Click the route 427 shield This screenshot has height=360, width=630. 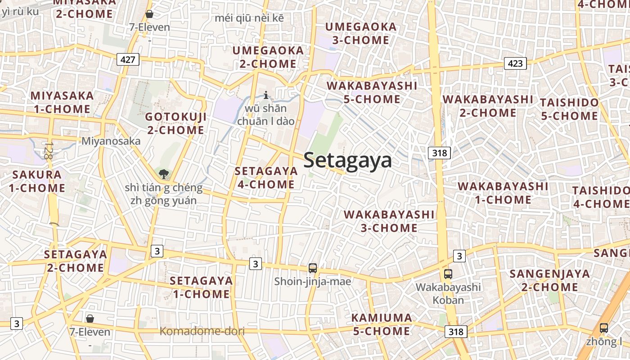pyautogui.click(x=128, y=59)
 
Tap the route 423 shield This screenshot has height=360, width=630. pyautogui.click(x=515, y=63)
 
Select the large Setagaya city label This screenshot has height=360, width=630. pyautogui.click(x=347, y=160)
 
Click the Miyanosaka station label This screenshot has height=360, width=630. pyautogui.click(x=111, y=141)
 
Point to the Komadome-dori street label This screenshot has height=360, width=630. pyautogui.click(x=202, y=332)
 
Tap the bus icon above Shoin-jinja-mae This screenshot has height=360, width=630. pyautogui.click(x=313, y=268)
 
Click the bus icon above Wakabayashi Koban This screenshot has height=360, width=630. pyautogui.click(x=448, y=274)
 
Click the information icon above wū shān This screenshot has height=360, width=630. pyautogui.click(x=266, y=95)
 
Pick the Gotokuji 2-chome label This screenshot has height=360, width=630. pyautogui.click(x=175, y=124)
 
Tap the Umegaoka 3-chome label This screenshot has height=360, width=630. pyautogui.click(x=361, y=34)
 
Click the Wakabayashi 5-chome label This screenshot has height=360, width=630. pyautogui.click(x=372, y=92)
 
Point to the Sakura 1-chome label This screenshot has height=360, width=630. pyautogui.click(x=37, y=181)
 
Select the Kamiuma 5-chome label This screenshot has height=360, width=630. pyautogui.click(x=381, y=324)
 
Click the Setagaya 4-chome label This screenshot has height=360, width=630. pyautogui.click(x=266, y=178)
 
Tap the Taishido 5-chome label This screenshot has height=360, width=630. pyautogui.click(x=569, y=109)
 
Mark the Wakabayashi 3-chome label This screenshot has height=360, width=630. pyautogui.click(x=389, y=221)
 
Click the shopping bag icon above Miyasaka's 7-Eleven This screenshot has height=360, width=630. pyautogui.click(x=149, y=14)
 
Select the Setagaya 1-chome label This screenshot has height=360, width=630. pyautogui.click(x=201, y=288)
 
